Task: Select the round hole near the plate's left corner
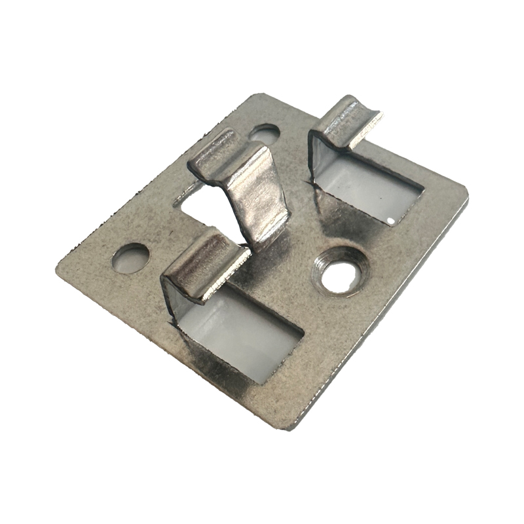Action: pyautogui.click(x=130, y=258)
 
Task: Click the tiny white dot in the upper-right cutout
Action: pyautogui.click(x=391, y=220)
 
